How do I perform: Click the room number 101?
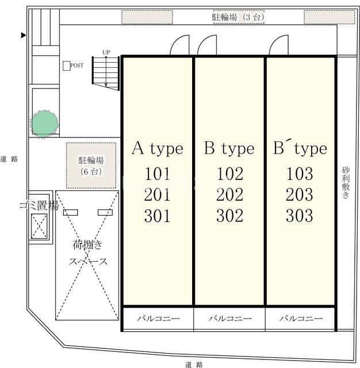tap(158, 174)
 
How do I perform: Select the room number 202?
tap(229, 195)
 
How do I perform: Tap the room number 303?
tap(300, 216)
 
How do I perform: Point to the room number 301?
tap(158, 216)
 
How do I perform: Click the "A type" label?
tap(158, 148)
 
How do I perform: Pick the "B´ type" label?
tap(300, 148)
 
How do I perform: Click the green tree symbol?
tap(44, 124)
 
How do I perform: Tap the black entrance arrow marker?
tap(23, 35)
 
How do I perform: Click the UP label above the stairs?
tap(106, 52)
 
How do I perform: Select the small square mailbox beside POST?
tap(67, 66)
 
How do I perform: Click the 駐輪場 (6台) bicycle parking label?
tap(91, 166)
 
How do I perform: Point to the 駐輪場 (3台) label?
tap(238, 17)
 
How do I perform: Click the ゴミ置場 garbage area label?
tap(39, 206)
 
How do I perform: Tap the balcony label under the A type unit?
tap(158, 319)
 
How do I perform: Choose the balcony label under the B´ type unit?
tap(301, 319)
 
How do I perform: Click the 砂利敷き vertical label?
tap(346, 183)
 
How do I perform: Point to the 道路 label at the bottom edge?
tap(194, 365)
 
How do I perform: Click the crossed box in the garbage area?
tap(39, 226)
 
